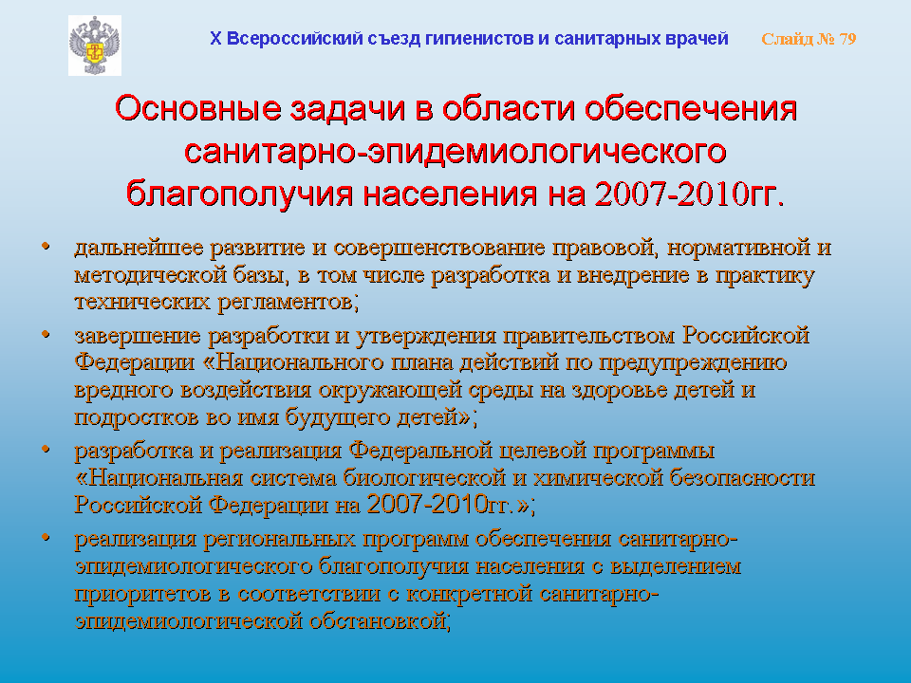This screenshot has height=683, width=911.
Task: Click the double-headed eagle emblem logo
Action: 95,46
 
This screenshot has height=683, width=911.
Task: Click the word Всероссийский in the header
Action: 294,38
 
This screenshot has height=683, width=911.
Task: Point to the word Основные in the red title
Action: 198,108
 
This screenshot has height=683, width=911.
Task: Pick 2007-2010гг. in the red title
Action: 690,194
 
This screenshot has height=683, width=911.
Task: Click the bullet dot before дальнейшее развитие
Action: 46,247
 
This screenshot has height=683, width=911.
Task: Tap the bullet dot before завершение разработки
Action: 46,335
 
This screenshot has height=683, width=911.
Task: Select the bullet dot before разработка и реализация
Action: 46,450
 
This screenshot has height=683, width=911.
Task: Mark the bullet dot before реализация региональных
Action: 46,538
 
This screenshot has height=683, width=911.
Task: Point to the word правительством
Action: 589,336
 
